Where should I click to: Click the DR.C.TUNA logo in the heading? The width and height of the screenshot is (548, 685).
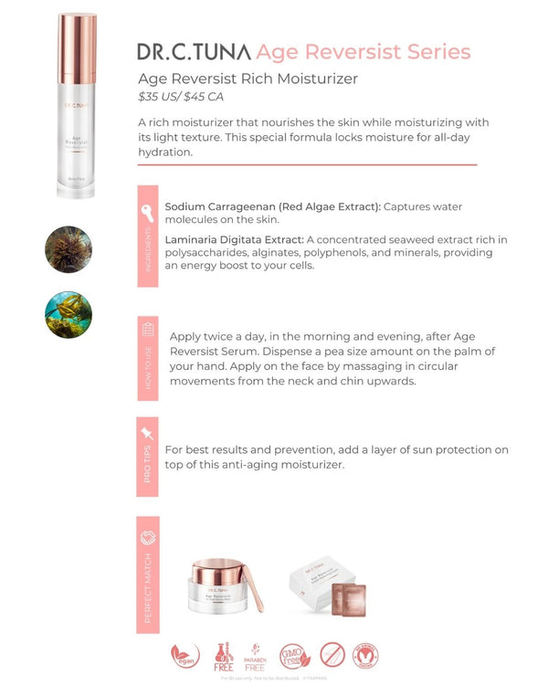pyautogui.click(x=194, y=51)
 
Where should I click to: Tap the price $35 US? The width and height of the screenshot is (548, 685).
pyautogui.click(x=160, y=96)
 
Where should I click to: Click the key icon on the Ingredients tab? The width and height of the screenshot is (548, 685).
pyautogui.click(x=147, y=211)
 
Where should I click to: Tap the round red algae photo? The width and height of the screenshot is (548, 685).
pyautogui.click(x=68, y=249)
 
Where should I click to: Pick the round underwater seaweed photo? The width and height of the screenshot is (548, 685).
pyautogui.click(x=68, y=314)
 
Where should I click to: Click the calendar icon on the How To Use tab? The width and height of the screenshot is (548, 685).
pyautogui.click(x=148, y=330)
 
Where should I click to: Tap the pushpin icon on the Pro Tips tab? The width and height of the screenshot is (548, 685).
pyautogui.click(x=147, y=433)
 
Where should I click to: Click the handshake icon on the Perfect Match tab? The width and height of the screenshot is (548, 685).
pyautogui.click(x=148, y=537)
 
